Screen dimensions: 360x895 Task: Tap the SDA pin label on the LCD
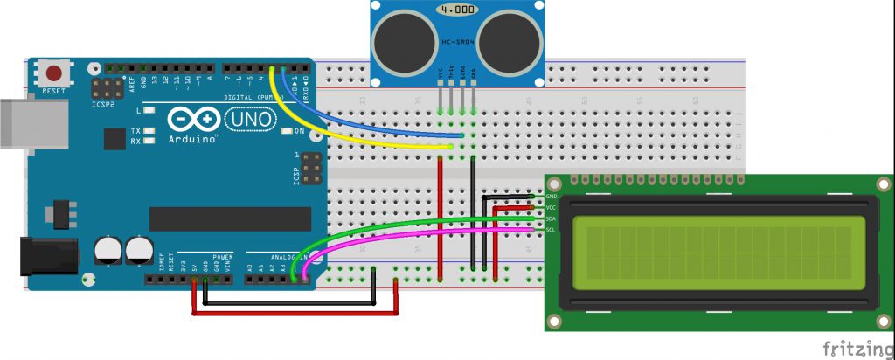[x=552, y=219]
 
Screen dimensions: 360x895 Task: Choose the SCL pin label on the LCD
[x=552, y=230]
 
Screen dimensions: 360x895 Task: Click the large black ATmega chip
[x=230, y=220]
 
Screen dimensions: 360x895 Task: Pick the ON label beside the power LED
[x=299, y=132]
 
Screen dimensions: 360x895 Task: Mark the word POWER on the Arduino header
[x=213, y=259]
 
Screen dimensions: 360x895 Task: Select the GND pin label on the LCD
[x=552, y=197]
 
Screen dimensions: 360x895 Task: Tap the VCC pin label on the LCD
[x=552, y=209]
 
